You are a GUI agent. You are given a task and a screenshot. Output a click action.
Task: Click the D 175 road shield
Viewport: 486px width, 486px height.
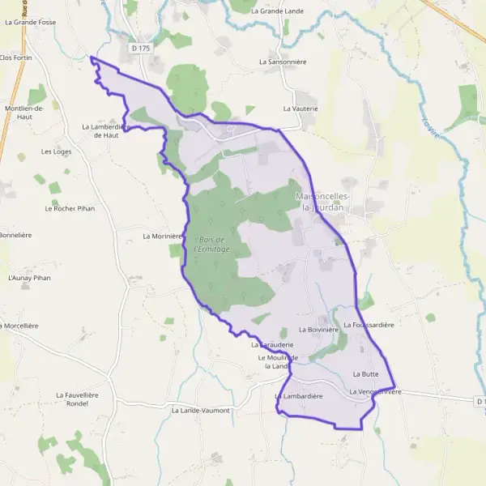pyautogui.click(x=141, y=49)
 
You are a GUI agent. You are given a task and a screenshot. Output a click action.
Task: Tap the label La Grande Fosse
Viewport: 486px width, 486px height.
pyautogui.click(x=29, y=22)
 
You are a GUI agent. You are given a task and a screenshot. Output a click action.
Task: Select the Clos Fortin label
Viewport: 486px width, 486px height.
pyautogui.click(x=16, y=58)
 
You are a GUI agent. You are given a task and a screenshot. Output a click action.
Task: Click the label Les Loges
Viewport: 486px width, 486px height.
pyautogui.click(x=57, y=151)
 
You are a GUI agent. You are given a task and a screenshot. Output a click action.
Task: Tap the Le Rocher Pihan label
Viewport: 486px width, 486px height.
pyautogui.click(x=70, y=208)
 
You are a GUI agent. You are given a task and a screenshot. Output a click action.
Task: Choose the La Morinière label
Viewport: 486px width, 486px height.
pyautogui.click(x=160, y=237)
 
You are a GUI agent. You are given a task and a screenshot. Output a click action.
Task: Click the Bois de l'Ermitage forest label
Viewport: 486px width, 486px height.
pyautogui.click(x=212, y=244)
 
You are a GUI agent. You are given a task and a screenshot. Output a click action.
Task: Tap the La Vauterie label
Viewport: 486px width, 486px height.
pyautogui.click(x=301, y=108)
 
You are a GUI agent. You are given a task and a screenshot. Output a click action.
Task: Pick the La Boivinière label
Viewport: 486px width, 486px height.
pyautogui.click(x=316, y=330)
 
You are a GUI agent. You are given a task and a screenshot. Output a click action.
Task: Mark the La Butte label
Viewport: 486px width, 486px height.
pyautogui.click(x=366, y=374)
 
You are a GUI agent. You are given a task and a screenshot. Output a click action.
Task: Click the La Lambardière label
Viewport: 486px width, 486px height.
pyautogui.click(x=299, y=396)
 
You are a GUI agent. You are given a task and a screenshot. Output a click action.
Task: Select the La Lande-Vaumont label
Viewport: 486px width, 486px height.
pyautogui.click(x=201, y=410)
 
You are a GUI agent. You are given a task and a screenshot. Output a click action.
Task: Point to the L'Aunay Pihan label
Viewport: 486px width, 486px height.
pyautogui.click(x=28, y=278)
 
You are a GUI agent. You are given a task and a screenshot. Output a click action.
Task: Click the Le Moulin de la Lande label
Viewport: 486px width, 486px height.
pyautogui.click(x=278, y=361)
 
